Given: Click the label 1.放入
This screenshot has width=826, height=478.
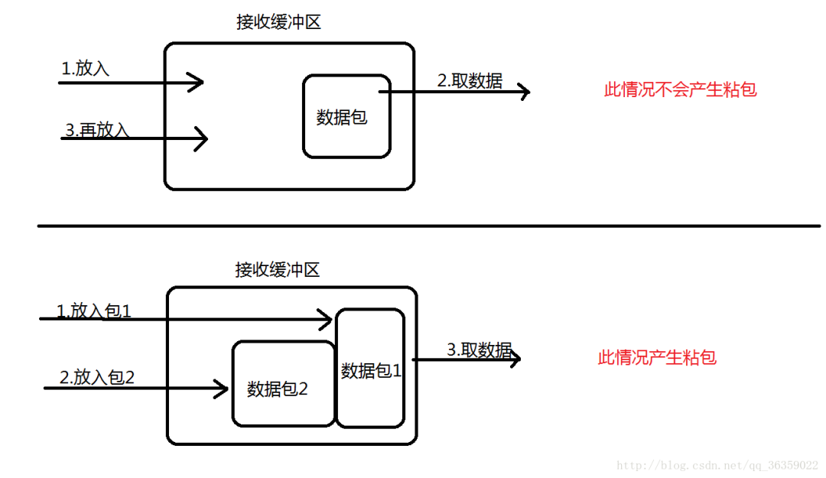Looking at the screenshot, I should pos(86,68).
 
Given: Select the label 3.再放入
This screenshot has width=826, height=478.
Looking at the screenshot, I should pos(97,129).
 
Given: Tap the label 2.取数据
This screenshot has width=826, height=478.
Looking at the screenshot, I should pos(470,81).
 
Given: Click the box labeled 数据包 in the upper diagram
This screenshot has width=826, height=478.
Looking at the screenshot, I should pos(346,116).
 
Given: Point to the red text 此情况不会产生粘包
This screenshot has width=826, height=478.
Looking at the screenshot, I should pos(680,89).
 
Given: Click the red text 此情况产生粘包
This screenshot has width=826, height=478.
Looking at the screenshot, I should pos(657,357).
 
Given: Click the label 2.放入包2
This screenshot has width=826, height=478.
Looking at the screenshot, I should pos(96,377).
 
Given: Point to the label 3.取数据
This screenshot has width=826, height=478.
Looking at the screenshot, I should pos(479,350).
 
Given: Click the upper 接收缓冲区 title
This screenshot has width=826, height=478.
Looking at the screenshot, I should pos(278,22).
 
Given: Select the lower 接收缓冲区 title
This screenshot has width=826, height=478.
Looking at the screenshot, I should pos(277,270).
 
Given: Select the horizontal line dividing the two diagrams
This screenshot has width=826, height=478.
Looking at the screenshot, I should pos(428,226).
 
